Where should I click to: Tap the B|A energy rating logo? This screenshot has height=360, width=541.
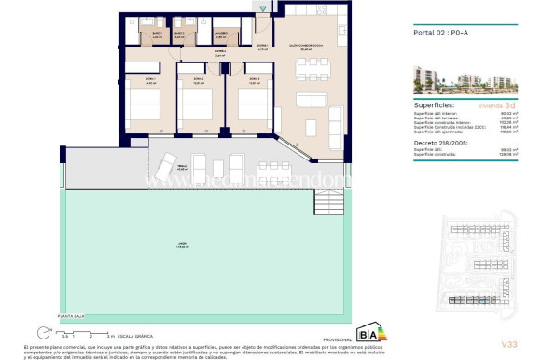[372, 334]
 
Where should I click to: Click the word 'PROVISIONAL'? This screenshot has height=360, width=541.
[337, 339]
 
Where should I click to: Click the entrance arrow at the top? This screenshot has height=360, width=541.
[264, 9]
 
